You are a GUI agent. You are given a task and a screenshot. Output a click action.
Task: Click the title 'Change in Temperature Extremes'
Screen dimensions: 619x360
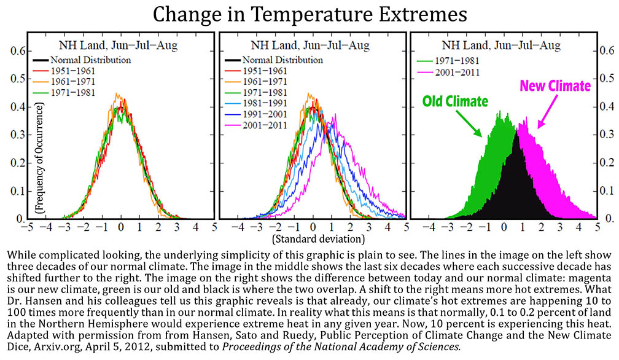coord(310,15)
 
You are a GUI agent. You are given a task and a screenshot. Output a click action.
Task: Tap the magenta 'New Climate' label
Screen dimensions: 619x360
coord(555,85)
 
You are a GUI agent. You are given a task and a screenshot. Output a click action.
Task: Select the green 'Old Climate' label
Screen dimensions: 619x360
coord(455,101)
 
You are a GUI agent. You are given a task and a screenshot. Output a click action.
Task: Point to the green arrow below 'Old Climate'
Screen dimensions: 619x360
coord(469,123)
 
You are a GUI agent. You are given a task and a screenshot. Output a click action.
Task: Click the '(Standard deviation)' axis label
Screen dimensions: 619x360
coord(319,239)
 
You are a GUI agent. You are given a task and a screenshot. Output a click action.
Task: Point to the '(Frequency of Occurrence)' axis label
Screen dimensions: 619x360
coord(39,158)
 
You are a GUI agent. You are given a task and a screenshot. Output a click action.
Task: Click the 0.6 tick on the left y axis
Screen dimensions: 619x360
coord(18,52)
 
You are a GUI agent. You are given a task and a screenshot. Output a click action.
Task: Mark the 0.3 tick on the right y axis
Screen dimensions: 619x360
coord(607,134)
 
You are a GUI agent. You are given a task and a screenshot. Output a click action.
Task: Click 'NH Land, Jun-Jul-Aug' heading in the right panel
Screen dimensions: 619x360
coord(501,45)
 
